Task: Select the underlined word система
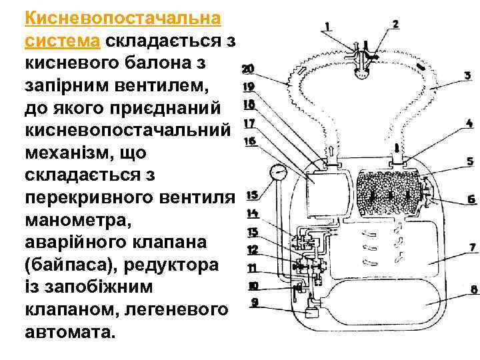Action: click(x=62, y=41)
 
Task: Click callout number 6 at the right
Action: click(x=471, y=199)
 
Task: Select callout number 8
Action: click(x=473, y=289)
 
